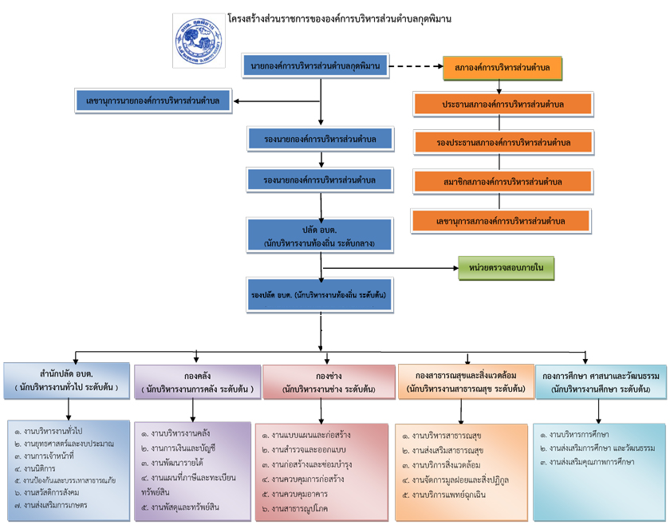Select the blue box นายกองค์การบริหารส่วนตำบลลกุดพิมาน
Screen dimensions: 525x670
tap(315, 65)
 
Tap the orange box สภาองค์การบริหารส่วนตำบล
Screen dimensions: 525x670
tap(503, 68)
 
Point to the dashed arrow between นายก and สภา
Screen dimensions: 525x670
tap(416, 66)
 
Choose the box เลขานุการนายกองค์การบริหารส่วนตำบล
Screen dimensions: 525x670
tap(152, 101)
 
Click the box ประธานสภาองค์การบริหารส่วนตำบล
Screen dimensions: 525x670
tap(503, 105)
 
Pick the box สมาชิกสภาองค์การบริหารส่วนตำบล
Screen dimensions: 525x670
tap(503, 182)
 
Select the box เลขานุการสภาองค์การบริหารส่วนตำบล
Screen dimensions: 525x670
tap(501, 221)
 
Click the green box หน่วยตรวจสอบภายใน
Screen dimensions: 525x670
tap(506, 269)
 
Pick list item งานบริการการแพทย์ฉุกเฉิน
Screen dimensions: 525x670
tap(451, 495)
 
